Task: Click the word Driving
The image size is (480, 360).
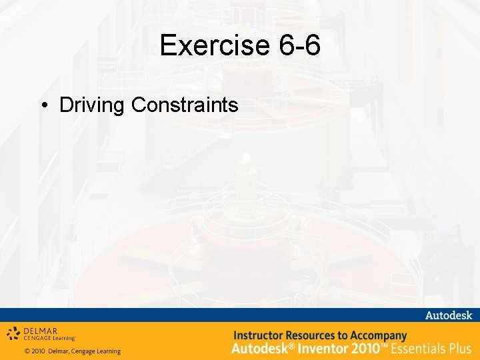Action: pos(93,105)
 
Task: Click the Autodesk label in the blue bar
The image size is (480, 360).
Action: pos(448,315)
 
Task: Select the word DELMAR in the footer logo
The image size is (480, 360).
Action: pos(41,329)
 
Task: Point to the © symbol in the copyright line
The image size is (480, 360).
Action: pos(27,351)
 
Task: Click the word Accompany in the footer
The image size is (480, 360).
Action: pos(378,335)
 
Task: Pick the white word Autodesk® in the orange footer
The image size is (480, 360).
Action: pos(261,348)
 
